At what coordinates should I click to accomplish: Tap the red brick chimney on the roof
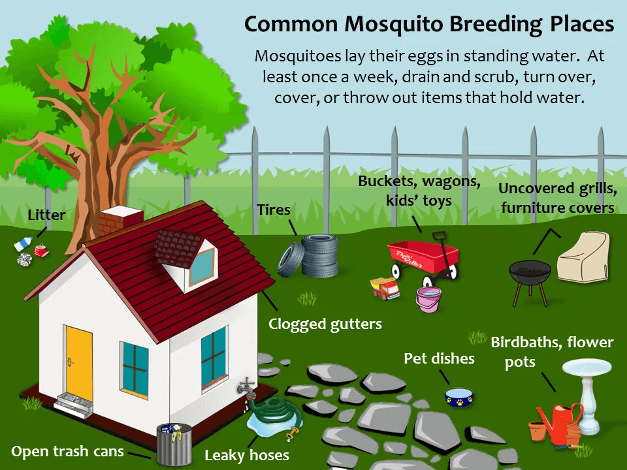click(x=121, y=220)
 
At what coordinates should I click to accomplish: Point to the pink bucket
click(x=429, y=299)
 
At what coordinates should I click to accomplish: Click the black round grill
click(x=530, y=274)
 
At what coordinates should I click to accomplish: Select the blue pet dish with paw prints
click(x=460, y=396)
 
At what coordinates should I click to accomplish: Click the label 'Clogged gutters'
click(x=325, y=324)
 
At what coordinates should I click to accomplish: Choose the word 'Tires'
click(x=274, y=210)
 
